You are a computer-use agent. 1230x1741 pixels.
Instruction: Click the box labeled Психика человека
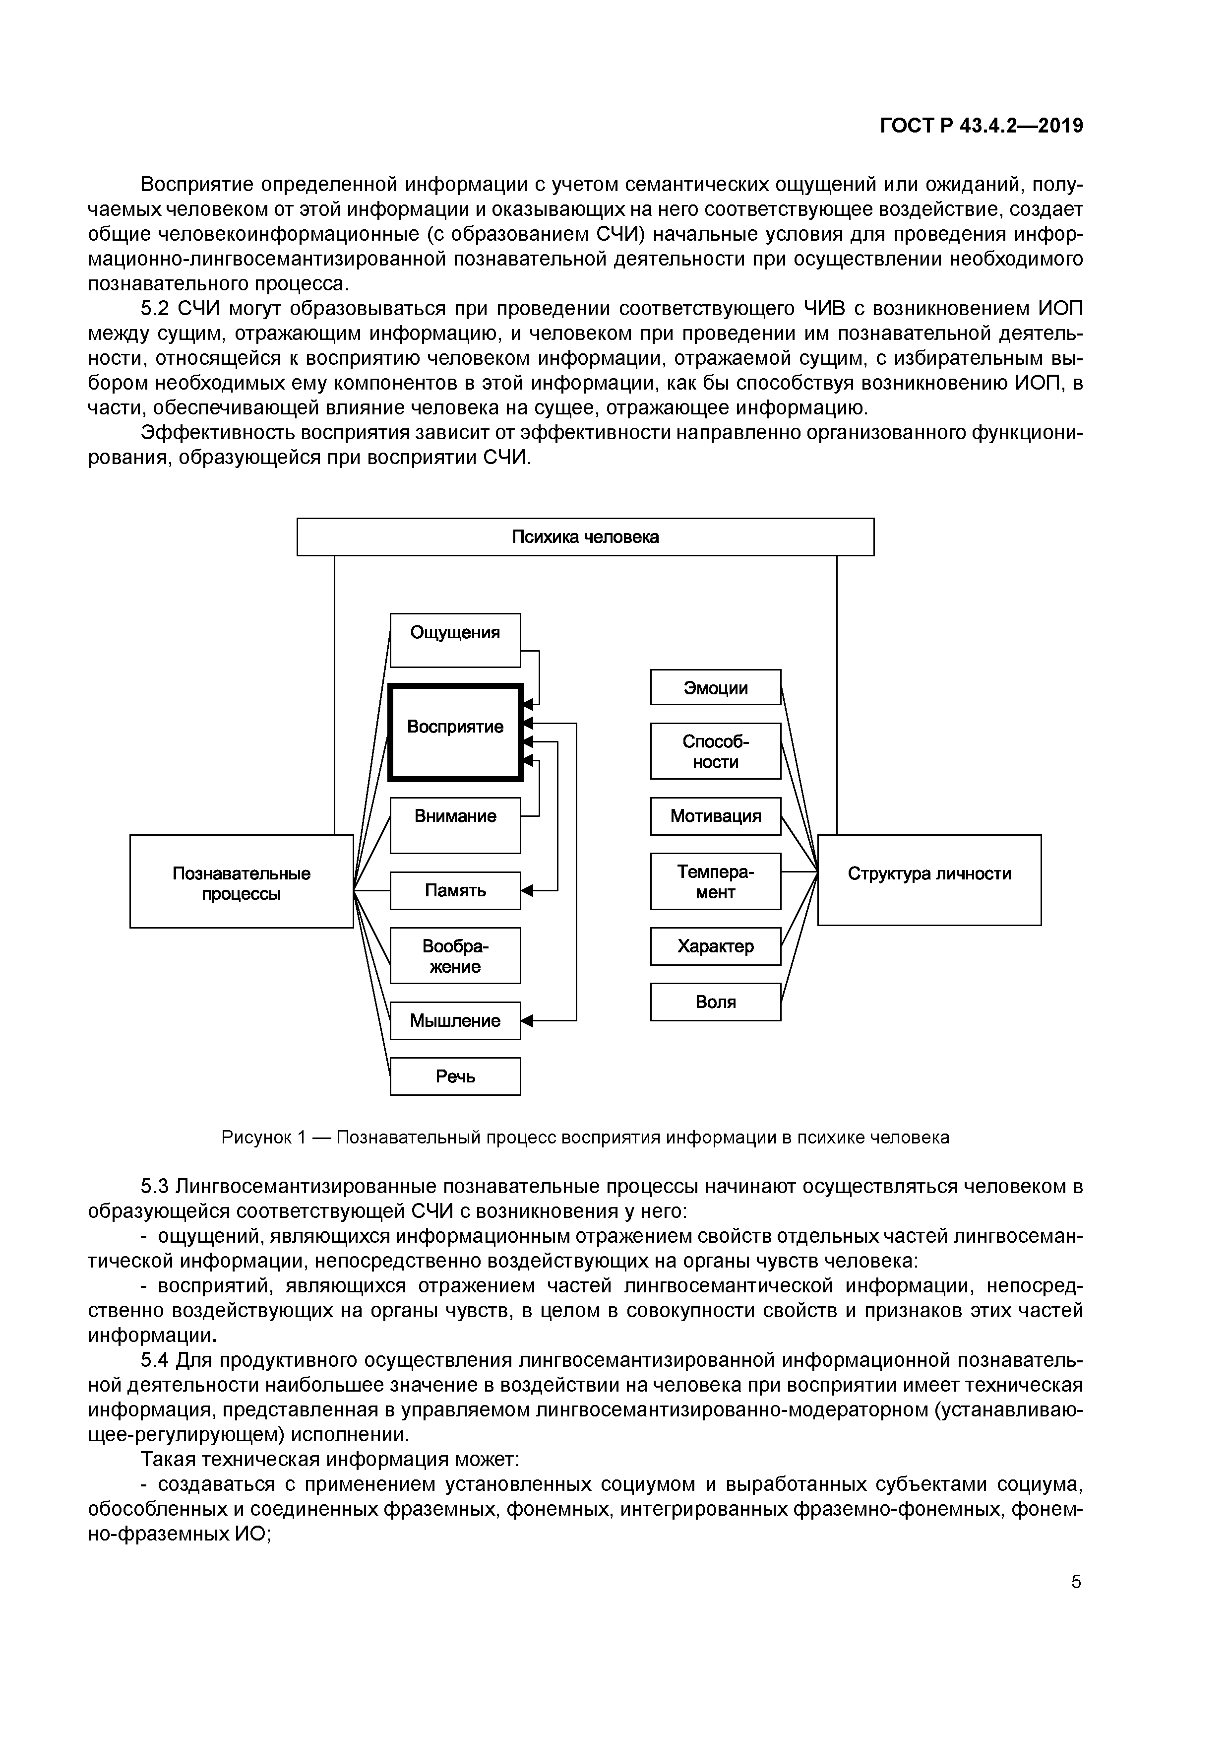point(585,537)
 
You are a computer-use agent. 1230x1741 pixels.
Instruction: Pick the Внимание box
point(455,824)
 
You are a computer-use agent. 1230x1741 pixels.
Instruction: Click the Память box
point(455,890)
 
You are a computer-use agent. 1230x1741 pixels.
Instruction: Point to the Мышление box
point(455,1021)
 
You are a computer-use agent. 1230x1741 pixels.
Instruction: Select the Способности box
point(715,751)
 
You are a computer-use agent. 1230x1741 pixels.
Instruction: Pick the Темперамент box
point(715,881)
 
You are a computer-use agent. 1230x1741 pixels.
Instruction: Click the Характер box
point(715,946)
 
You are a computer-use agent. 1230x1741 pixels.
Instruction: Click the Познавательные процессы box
point(241,881)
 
